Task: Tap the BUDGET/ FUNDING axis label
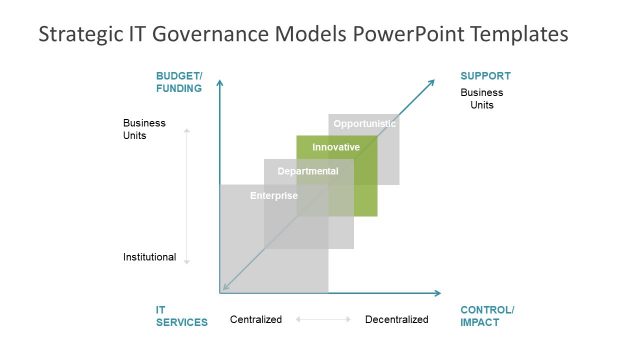pos(179,82)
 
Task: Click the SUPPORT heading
pos(485,76)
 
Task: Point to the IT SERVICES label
pos(181,316)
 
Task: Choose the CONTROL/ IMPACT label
pos(487,316)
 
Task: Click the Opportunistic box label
pos(365,124)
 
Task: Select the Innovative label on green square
pos(336,147)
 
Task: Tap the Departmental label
pos(308,171)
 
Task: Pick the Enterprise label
pos(273,195)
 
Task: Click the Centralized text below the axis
pos(256,320)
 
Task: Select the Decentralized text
pos(396,320)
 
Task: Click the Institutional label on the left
pos(149,257)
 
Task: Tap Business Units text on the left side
pos(144,129)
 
